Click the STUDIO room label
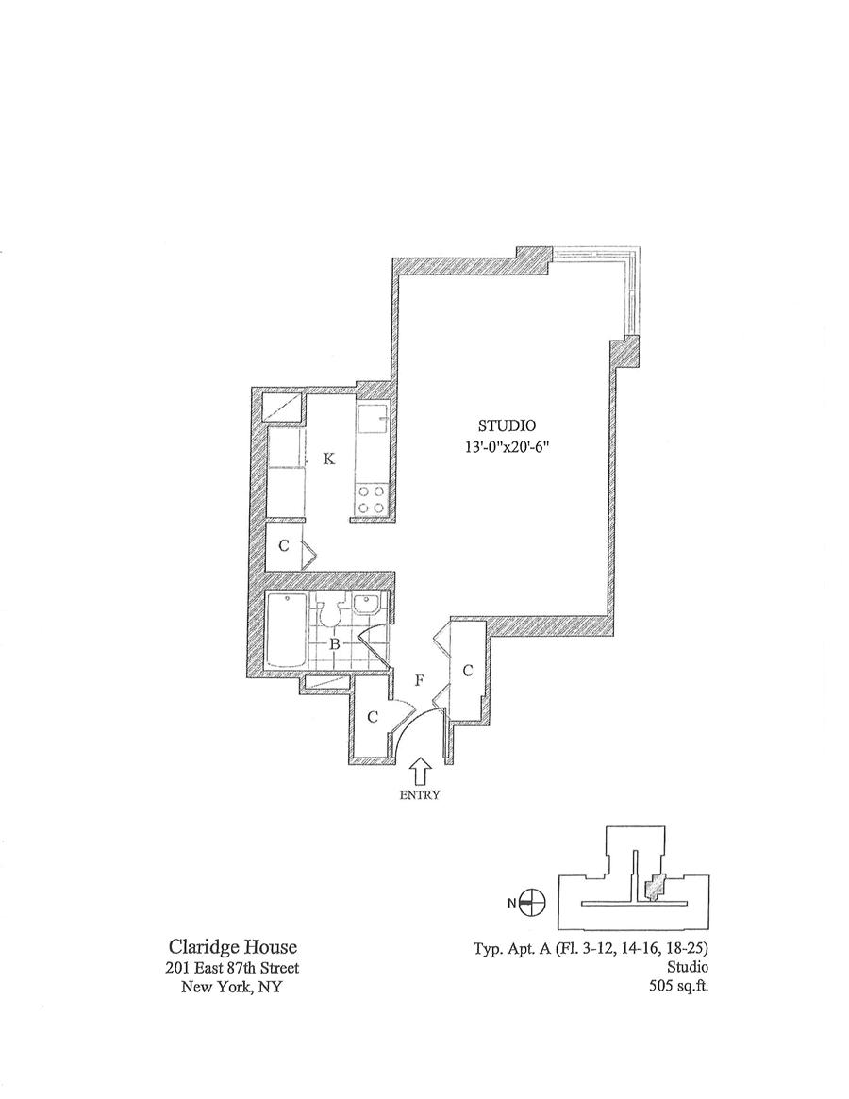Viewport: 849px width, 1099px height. coord(507,425)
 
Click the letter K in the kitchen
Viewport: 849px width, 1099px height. coord(328,459)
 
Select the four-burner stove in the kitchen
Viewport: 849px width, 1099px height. coord(371,499)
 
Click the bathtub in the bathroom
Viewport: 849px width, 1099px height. coord(284,628)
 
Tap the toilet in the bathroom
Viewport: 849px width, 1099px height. coord(330,611)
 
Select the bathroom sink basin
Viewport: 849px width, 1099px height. coord(370,606)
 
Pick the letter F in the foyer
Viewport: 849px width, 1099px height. coord(419,680)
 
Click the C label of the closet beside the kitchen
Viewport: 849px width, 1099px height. coord(283,547)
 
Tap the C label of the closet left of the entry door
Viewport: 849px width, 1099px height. coord(373,718)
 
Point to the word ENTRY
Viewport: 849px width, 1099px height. coord(421,794)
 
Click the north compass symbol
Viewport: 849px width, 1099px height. coord(533,903)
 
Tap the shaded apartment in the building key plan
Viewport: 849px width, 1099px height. coord(652,888)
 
